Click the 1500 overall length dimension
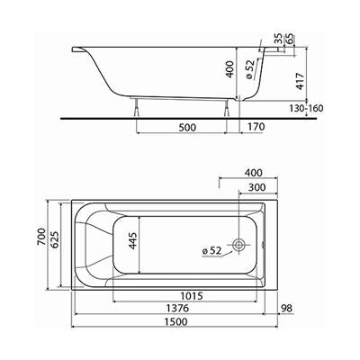click(x=175, y=321)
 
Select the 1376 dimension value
click(x=177, y=308)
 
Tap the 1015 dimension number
click(x=192, y=296)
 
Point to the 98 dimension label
click(x=286, y=308)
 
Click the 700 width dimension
click(x=41, y=237)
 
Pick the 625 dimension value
click(x=55, y=240)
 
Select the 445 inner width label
click(x=132, y=240)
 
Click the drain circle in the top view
click(x=238, y=245)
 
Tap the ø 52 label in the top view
click(x=211, y=250)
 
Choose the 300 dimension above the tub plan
click(x=257, y=187)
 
